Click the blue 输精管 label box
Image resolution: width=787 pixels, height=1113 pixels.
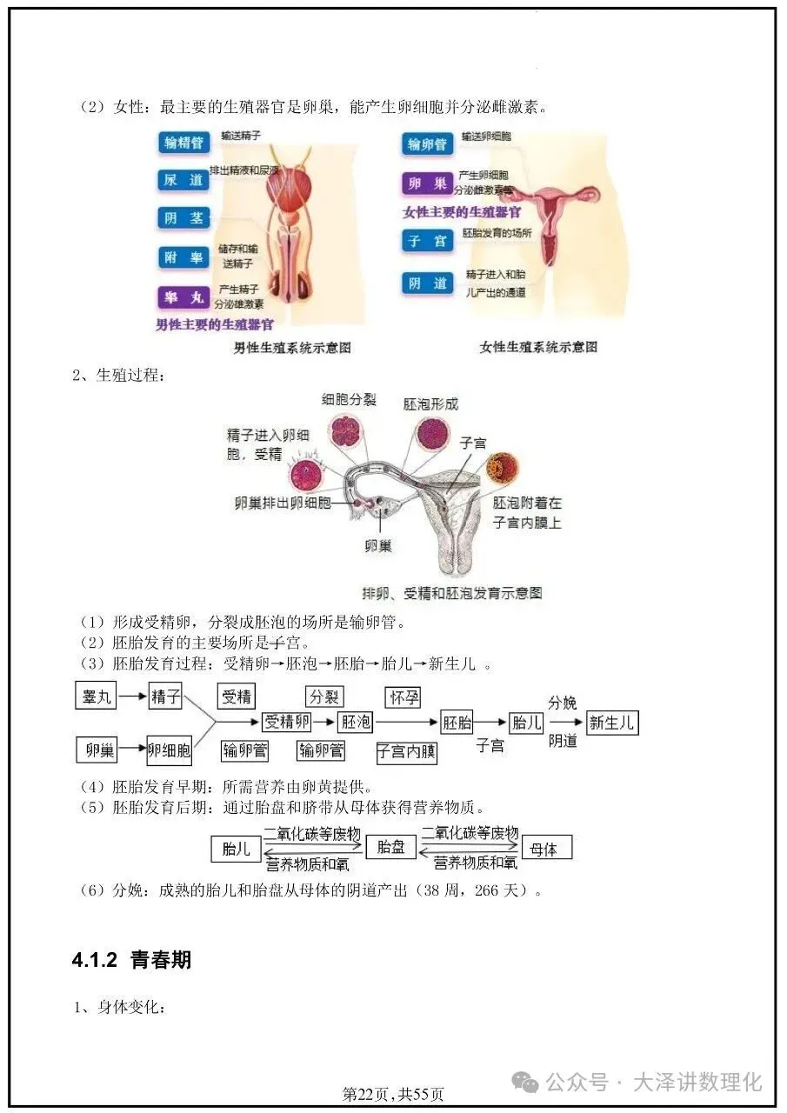point(183,143)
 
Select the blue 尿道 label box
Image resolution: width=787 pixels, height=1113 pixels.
point(183,180)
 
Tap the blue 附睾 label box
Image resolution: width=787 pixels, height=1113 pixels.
point(183,257)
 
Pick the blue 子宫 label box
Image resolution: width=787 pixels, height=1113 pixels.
point(428,241)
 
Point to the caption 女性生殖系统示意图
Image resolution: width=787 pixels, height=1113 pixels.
point(538,347)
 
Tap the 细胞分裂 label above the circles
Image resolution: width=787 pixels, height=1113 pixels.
point(349,400)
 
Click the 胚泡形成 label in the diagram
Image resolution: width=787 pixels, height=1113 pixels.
point(430,404)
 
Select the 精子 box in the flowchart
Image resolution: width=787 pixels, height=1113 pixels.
point(165,696)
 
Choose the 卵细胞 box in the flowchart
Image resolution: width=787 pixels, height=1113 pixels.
point(169,749)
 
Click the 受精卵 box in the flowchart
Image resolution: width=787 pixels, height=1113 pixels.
point(287,722)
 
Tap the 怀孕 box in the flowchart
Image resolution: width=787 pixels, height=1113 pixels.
point(404,696)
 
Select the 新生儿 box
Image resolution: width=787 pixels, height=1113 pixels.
point(612,723)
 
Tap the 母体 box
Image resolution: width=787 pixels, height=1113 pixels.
point(544,849)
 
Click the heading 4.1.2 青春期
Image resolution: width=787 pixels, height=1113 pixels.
point(131,960)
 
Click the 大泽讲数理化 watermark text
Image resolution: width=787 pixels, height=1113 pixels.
point(697,1082)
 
